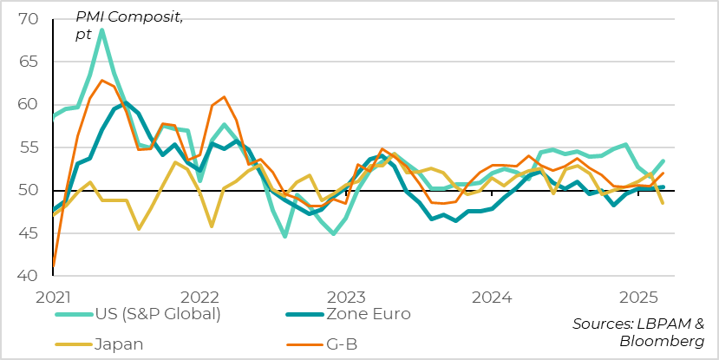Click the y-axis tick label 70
[x=27, y=18]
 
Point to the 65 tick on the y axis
[x=27, y=62]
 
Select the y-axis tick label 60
[x=27, y=104]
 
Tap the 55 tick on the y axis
[x=27, y=147]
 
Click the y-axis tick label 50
[x=27, y=190]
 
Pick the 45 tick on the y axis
[x=27, y=233]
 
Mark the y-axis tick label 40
[x=27, y=276]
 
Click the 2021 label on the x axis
[x=54, y=297]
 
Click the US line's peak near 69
[x=101, y=30]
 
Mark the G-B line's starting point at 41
[x=54, y=266]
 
